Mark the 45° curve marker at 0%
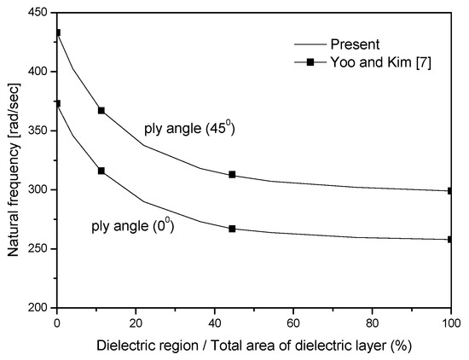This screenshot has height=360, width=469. [57, 32]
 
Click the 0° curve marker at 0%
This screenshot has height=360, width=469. [57, 103]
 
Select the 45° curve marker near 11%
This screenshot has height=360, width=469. [101, 110]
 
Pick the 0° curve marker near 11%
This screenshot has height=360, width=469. [101, 171]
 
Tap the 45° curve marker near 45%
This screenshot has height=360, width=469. [232, 174]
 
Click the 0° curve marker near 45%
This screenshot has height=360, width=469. [232, 229]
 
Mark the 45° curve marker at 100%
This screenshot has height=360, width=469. [449, 191]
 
